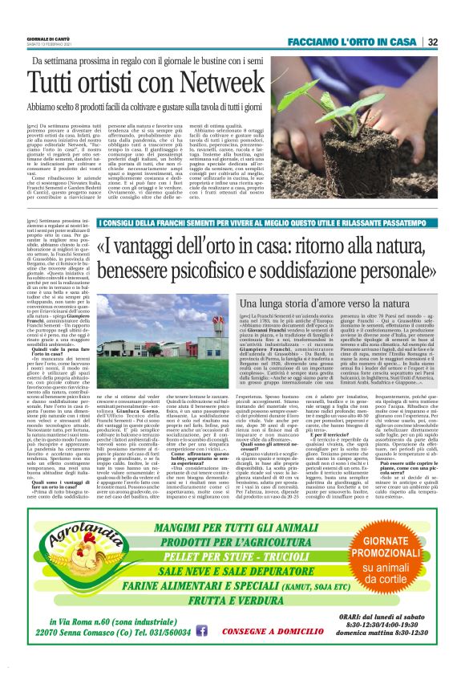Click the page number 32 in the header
coord(455,42)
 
